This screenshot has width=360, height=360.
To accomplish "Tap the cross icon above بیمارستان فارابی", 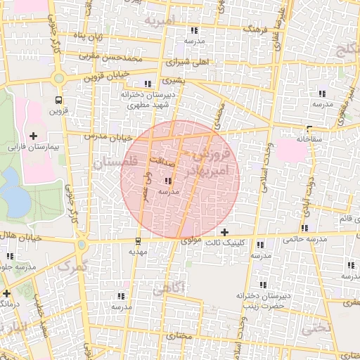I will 33,135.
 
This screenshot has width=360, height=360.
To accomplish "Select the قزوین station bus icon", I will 58,99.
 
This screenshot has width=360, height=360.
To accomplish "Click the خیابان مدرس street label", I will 105,135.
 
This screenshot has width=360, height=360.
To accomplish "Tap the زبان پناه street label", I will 89,36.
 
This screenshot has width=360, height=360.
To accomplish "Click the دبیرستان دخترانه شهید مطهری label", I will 151,99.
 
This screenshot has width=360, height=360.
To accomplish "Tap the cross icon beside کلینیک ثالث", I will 224,232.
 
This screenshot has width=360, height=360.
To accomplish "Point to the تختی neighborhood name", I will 316,328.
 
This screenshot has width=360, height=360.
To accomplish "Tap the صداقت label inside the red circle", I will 161,160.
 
